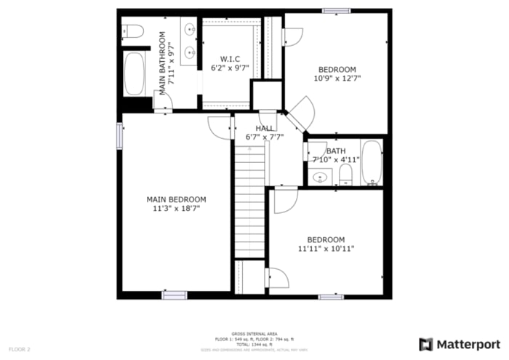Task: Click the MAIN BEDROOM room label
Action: coord(176,199)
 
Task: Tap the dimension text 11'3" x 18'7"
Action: coord(176,208)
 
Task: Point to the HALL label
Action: coord(264,128)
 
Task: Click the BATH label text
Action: coord(335,151)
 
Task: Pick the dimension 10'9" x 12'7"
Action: coord(337,78)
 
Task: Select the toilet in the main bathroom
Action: coord(132,31)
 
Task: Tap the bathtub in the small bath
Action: coord(372,162)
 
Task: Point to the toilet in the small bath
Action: coord(345,175)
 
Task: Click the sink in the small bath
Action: coord(320,177)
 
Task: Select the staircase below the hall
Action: coord(249,200)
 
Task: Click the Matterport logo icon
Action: coord(426,344)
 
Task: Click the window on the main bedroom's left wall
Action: coord(120,136)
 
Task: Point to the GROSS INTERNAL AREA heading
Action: coord(254,334)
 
